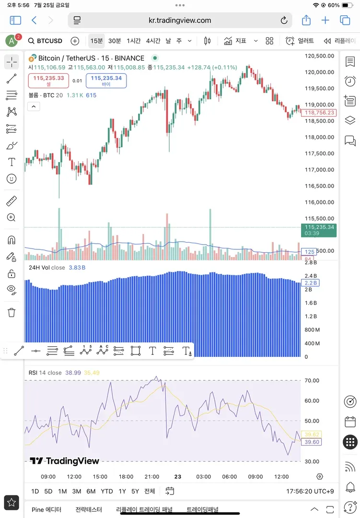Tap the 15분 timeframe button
(96, 41)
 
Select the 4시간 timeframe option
(153, 41)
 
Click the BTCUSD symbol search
(45, 41)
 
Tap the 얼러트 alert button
(300, 41)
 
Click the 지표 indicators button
(235, 41)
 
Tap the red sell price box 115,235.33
(48, 80)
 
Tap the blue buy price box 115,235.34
(106, 80)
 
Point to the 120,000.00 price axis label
(320, 72)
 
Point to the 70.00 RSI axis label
(312, 380)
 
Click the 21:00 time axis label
(151, 476)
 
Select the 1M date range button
(62, 491)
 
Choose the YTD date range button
(107, 491)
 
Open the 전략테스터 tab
(89, 510)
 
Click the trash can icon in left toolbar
(12, 313)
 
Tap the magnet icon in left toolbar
(12, 240)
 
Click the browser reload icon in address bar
(284, 21)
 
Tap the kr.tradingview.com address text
(180, 21)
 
